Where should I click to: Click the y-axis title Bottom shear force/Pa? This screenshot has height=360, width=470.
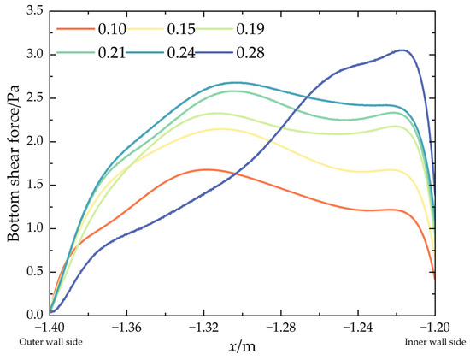15,162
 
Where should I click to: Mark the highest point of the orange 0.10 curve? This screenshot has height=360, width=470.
205,169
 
